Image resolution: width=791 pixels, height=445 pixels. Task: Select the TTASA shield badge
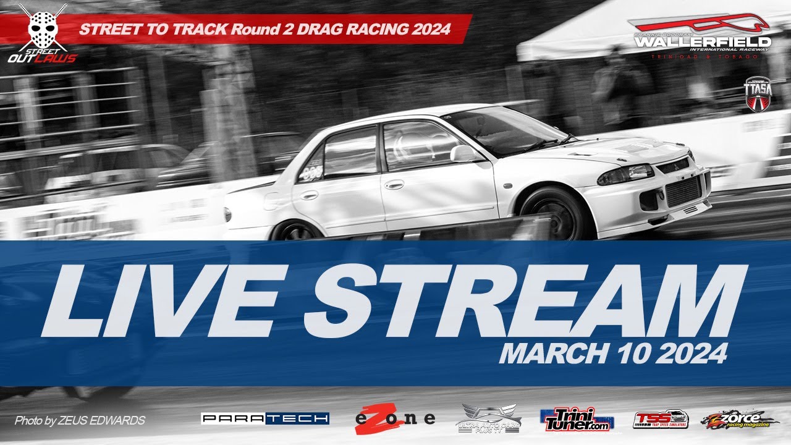coord(756,93)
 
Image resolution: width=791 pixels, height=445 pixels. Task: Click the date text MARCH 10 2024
coord(612,354)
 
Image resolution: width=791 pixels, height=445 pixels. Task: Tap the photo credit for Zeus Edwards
coord(80,421)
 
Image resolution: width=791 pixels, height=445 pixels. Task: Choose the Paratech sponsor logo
coord(265,418)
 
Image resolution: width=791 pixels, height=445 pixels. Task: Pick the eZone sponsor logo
coord(395,418)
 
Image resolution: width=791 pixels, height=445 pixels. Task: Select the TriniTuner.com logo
coord(577,419)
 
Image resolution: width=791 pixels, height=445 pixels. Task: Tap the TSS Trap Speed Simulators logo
coord(661,419)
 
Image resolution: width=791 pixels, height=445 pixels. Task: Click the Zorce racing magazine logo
coord(740,419)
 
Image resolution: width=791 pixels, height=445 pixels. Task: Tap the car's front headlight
coord(624,175)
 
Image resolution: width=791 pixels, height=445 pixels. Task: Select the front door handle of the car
coord(394,184)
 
